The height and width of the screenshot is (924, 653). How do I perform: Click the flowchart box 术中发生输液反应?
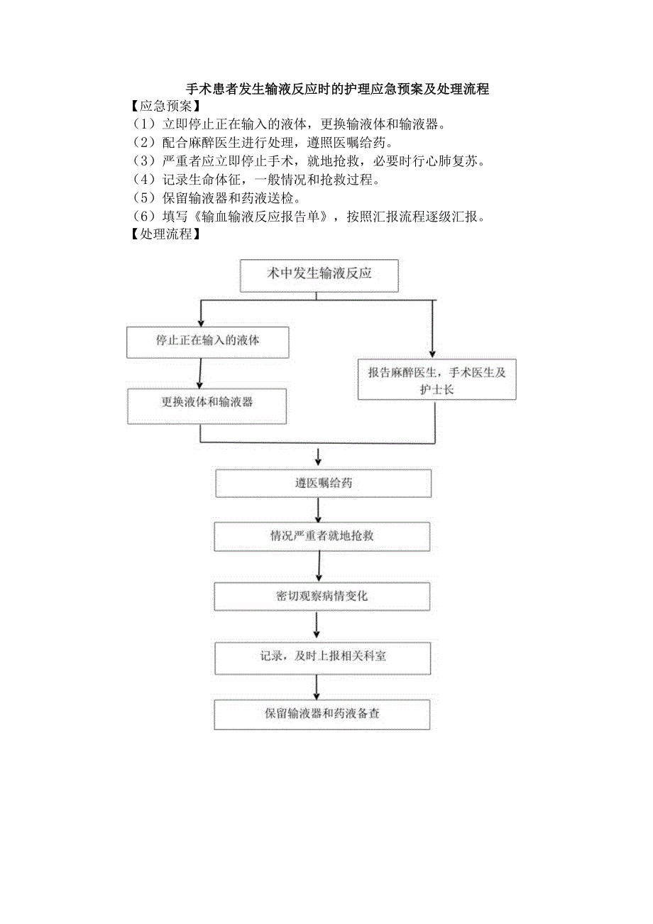[x=319, y=275]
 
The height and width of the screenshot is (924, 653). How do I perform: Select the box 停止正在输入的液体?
[x=208, y=342]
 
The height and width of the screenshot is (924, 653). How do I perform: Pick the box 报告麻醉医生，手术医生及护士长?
[x=437, y=380]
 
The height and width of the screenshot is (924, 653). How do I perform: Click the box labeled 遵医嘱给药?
[x=323, y=484]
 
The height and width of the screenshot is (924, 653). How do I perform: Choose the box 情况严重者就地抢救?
[x=322, y=536]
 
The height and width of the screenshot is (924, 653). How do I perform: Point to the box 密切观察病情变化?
[x=322, y=597]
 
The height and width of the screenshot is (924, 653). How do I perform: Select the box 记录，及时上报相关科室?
[x=323, y=658]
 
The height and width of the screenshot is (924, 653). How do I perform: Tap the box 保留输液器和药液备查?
[x=322, y=714]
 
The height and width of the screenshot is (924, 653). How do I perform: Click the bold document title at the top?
[x=337, y=89]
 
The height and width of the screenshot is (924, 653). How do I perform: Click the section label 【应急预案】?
[x=162, y=107]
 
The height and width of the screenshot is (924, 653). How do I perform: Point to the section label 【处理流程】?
[x=162, y=234]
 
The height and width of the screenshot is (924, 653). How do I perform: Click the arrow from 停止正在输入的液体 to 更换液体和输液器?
[x=201, y=373]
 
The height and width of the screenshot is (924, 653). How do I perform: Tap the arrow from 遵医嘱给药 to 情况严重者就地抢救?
[x=319, y=510]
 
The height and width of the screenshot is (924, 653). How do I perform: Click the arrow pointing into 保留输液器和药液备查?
[x=317, y=687]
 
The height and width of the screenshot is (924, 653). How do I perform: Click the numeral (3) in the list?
[x=143, y=161]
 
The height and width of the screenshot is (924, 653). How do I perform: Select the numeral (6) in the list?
[x=143, y=217]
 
